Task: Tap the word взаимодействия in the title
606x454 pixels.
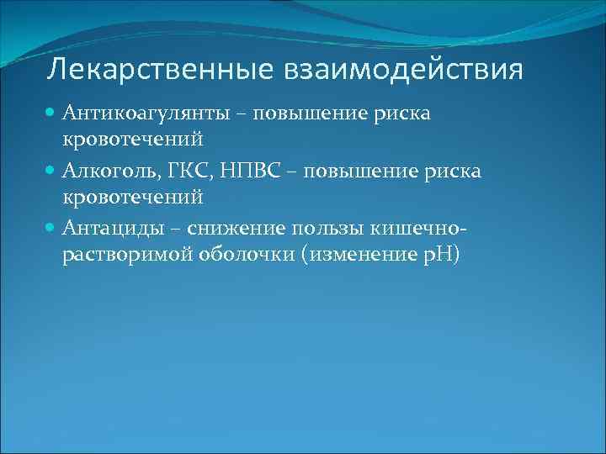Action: coord(397,69)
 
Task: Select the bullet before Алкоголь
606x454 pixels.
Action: coord(51,172)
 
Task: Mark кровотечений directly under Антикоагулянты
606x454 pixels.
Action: coord(132,140)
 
